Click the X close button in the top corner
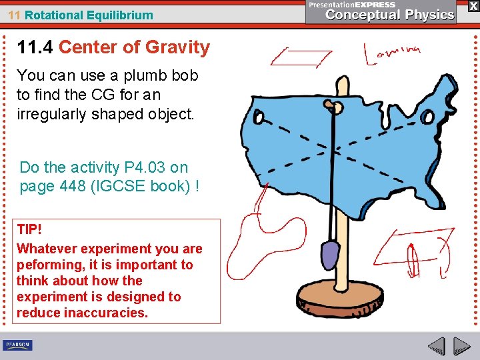click(472, 6)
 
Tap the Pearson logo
click(17, 345)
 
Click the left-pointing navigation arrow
click(437, 347)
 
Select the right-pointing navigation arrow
click(462, 347)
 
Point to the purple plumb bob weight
click(329, 254)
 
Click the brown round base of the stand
click(341, 299)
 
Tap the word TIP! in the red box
click(29, 230)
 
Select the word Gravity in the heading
click(177, 47)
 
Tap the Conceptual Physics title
click(390, 15)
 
